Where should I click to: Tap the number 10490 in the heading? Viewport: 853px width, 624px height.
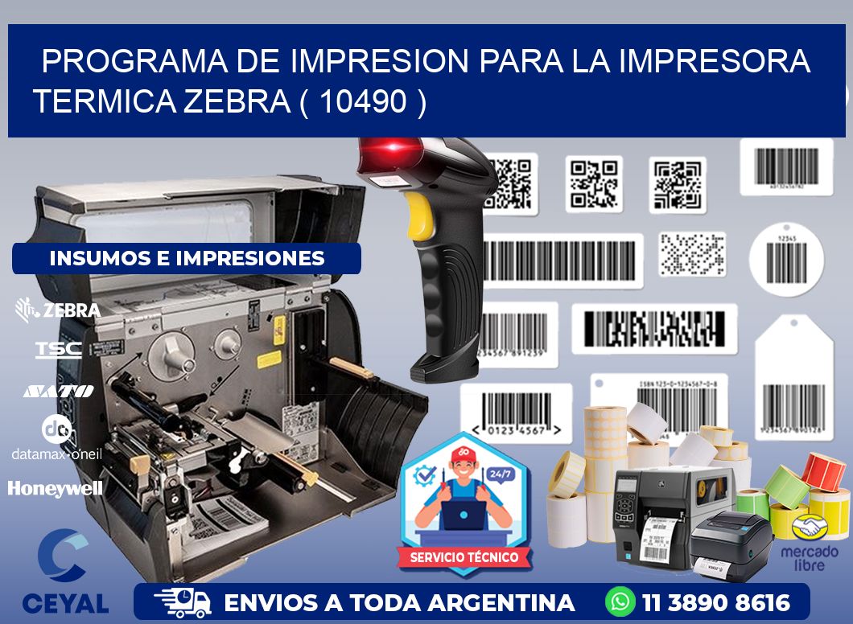click(362, 101)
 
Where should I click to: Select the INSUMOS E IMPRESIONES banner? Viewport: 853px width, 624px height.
click(187, 258)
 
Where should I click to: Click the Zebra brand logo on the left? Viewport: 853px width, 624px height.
click(58, 310)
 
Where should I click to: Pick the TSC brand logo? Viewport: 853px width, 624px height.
click(58, 349)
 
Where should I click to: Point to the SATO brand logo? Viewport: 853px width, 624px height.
click(58, 391)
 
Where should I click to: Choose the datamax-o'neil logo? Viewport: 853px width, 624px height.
click(56, 438)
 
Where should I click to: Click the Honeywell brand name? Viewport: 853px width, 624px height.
click(56, 488)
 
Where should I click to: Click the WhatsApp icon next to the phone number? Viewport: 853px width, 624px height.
click(621, 602)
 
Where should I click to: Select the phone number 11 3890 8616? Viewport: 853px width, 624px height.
click(716, 602)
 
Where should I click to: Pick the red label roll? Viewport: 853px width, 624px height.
click(822, 471)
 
